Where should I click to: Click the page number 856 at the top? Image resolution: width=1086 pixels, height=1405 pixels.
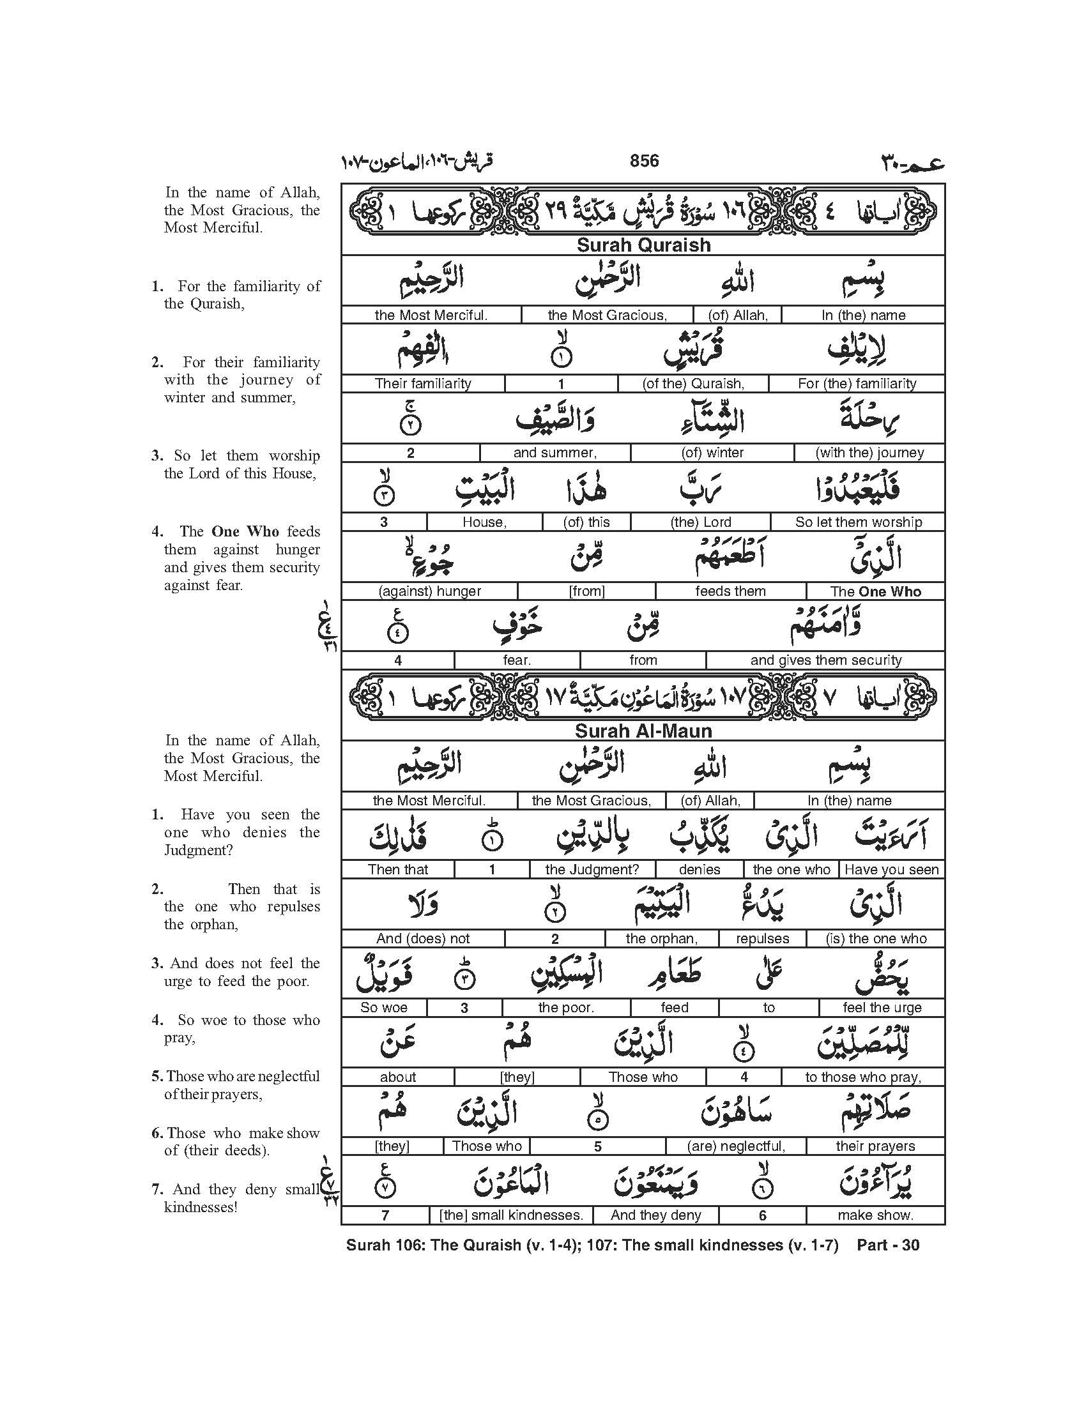[x=644, y=161]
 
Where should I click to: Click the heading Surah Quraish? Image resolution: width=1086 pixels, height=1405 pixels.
[x=643, y=245]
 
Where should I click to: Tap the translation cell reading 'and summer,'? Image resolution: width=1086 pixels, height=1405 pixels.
[x=554, y=453]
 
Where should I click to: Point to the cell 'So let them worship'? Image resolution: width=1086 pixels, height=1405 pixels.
[x=858, y=522]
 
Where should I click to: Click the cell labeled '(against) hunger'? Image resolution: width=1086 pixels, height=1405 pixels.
[x=430, y=591]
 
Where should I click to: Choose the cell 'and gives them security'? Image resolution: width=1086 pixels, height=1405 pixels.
[x=825, y=660]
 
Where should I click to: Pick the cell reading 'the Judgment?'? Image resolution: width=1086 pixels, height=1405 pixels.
[x=592, y=870]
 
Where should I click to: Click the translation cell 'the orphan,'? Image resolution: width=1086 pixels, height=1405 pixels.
[x=661, y=939]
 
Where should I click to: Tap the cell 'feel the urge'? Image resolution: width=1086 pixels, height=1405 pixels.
[x=882, y=1008]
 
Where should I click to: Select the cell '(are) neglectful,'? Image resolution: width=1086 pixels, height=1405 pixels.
[x=735, y=1146]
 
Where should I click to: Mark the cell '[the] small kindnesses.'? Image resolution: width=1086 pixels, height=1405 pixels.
[x=511, y=1215]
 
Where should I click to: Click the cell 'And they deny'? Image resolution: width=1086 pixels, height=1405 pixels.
[x=655, y=1215]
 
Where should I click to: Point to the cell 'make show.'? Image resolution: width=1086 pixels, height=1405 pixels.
[x=875, y=1215]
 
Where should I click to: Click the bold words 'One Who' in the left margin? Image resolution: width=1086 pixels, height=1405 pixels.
[x=245, y=532]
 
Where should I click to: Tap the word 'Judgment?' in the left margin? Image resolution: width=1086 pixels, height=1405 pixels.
[x=198, y=851]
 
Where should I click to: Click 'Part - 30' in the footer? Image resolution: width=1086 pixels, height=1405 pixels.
[x=888, y=1245]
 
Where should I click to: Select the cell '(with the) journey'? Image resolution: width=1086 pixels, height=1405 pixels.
[x=869, y=453]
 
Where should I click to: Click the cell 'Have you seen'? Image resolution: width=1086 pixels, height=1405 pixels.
[x=891, y=870]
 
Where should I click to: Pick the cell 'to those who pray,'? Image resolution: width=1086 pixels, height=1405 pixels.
[x=863, y=1077]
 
